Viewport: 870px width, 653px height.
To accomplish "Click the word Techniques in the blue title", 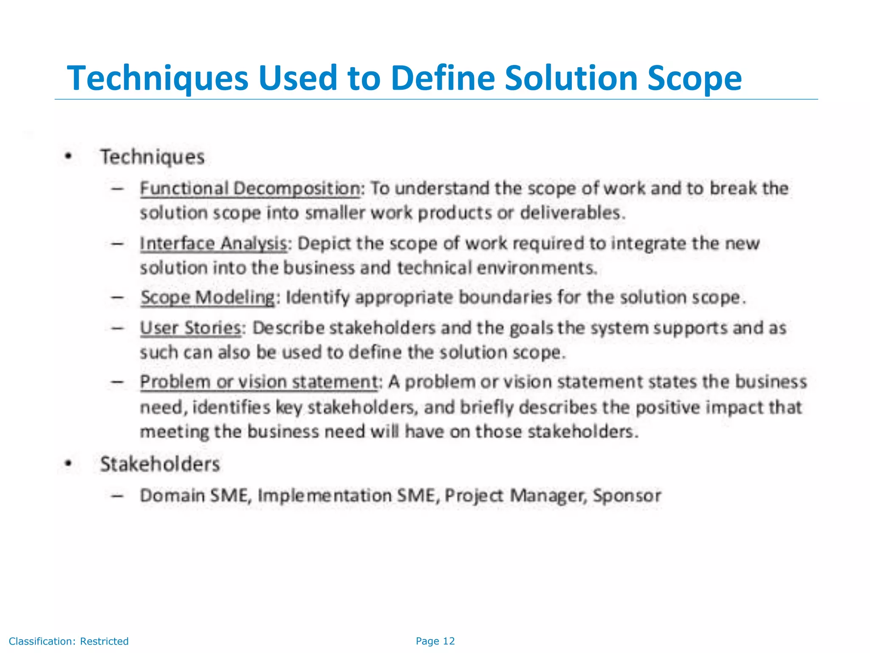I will [x=158, y=79].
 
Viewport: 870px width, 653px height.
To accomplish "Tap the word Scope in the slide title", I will [x=695, y=79].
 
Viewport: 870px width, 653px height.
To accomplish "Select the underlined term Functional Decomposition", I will [x=250, y=188].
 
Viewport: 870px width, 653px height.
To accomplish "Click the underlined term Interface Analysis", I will [x=214, y=244].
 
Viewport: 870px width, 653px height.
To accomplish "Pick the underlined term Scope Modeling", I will [x=208, y=297].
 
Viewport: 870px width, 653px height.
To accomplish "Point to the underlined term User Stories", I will [x=191, y=328].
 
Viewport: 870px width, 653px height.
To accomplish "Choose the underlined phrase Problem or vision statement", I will [x=259, y=382].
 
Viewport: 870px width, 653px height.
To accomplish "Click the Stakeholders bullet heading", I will [x=160, y=464].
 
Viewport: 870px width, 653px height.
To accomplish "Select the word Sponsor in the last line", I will [x=627, y=496].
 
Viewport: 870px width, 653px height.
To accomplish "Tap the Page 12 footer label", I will [x=435, y=641].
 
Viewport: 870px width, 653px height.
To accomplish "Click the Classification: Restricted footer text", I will [x=69, y=641].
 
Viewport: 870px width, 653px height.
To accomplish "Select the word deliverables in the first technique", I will [x=572, y=213].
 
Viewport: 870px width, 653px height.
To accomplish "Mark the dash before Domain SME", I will [x=117, y=496].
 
